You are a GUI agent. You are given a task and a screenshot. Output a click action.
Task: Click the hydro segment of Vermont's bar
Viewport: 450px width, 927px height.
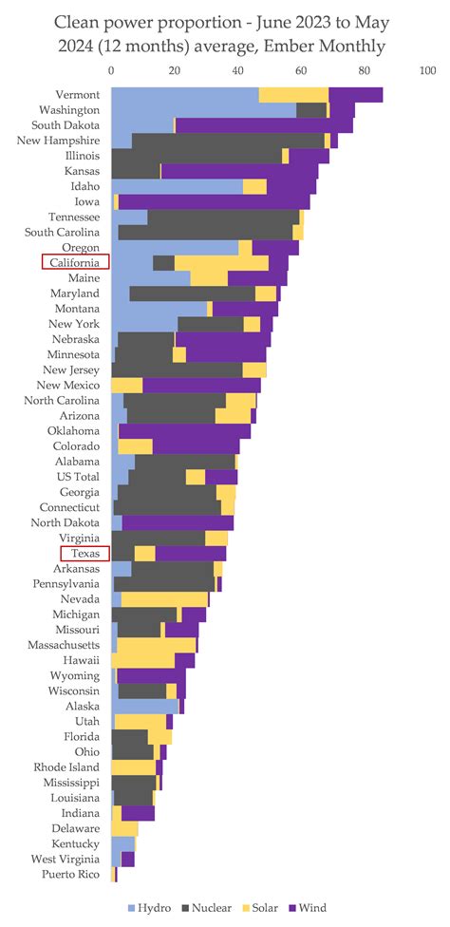coord(185,94)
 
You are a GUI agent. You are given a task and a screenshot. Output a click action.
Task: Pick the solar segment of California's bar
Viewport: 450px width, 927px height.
coord(221,263)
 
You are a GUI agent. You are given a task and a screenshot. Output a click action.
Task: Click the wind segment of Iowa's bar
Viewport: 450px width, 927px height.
coord(214,201)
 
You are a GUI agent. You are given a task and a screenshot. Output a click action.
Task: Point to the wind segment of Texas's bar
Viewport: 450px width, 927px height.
coord(190,554)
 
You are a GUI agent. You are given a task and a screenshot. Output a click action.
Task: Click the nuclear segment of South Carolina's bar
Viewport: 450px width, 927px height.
coord(205,233)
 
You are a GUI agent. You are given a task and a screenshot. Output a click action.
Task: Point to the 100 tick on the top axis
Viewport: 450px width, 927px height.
coord(427,70)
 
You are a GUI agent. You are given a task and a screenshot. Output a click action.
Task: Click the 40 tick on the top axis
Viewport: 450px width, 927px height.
coord(237,70)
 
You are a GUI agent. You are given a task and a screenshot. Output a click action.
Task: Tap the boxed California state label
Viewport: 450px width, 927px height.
coord(76,263)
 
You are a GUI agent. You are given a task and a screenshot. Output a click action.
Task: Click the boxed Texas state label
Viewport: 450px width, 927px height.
coord(85,554)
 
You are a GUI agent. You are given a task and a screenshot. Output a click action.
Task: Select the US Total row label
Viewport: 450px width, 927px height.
coord(77,477)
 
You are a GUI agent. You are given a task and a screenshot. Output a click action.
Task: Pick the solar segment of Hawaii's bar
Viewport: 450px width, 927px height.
coord(143,661)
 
